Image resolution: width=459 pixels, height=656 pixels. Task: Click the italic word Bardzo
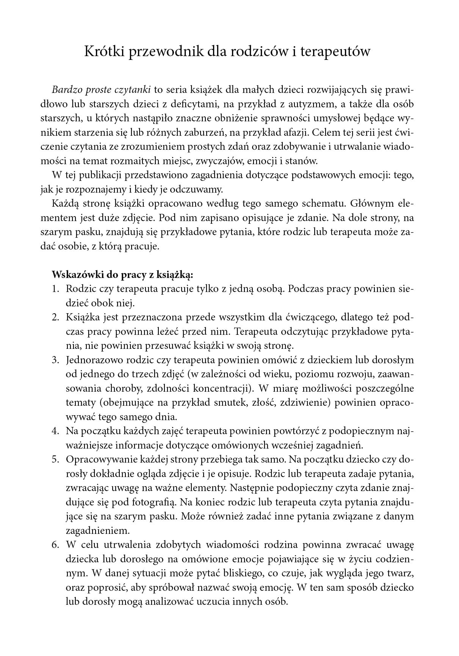tap(64, 90)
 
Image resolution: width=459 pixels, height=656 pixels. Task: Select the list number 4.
tap(55, 431)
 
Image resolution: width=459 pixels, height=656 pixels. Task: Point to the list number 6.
tap(55, 545)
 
